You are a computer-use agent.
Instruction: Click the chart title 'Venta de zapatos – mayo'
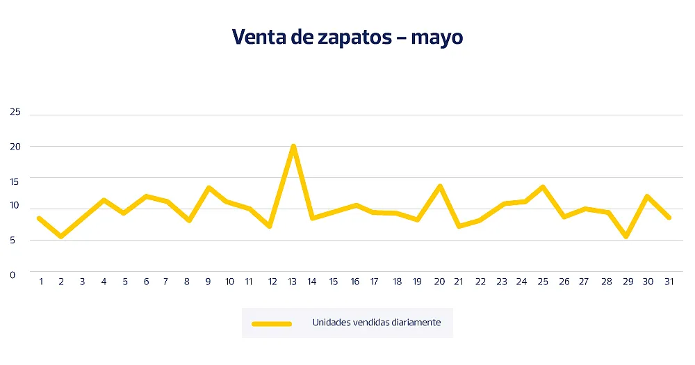tap(347, 37)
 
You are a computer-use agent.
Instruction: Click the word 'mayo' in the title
tap(436, 38)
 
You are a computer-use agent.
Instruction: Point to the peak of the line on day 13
tap(293, 146)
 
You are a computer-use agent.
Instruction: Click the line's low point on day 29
tap(626, 236)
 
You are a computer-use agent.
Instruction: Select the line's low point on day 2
tap(61, 236)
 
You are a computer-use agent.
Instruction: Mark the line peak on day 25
tap(543, 186)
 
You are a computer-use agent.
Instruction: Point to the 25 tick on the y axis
tap(15, 113)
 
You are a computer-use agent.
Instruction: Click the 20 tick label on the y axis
tap(15, 147)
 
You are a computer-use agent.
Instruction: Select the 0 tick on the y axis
tap(13, 275)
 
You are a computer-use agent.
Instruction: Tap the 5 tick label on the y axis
tap(13, 241)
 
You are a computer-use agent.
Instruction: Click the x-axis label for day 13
tap(293, 282)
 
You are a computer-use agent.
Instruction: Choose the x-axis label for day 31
tap(667, 282)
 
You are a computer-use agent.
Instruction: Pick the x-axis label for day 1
tap(41, 282)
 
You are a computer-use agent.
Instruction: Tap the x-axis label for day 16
tap(354, 282)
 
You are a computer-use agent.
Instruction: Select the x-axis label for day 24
tap(521, 282)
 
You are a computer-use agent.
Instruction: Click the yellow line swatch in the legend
tap(272, 323)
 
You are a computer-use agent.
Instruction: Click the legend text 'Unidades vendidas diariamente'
tap(376, 323)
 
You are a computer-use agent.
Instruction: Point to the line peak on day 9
tap(208, 187)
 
